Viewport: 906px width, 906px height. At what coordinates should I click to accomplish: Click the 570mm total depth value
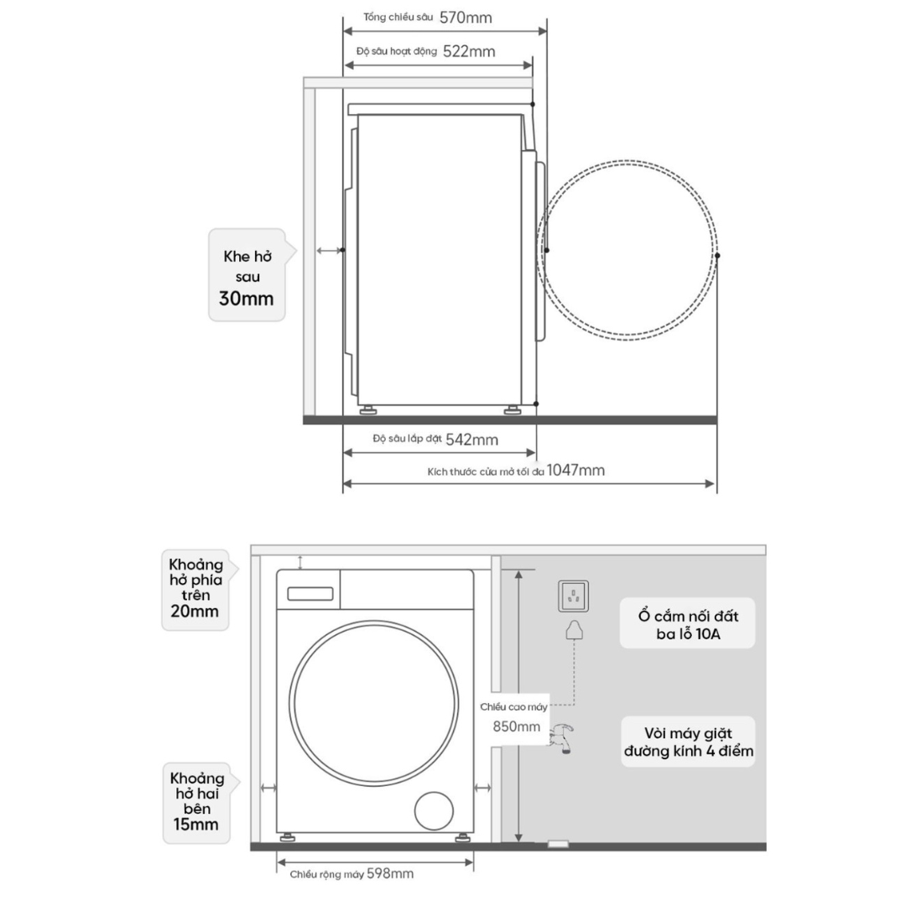pyautogui.click(x=466, y=18)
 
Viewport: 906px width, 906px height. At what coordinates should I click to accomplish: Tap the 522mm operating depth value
pyautogui.click(x=469, y=51)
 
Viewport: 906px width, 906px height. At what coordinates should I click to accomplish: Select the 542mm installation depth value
pyautogui.click(x=472, y=440)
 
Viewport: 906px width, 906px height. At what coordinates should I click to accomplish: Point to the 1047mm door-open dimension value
pyautogui.click(x=575, y=471)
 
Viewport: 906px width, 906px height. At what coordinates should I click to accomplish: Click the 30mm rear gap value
pyautogui.click(x=246, y=299)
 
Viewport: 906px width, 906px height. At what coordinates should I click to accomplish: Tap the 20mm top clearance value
pyautogui.click(x=195, y=612)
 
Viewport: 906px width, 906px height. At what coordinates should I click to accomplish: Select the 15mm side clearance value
pyautogui.click(x=195, y=824)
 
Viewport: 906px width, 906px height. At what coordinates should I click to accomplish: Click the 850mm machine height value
pyautogui.click(x=517, y=726)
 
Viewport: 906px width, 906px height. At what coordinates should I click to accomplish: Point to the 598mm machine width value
pyautogui.click(x=390, y=873)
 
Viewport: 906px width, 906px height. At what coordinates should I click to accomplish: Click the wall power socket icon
pyautogui.click(x=573, y=596)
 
